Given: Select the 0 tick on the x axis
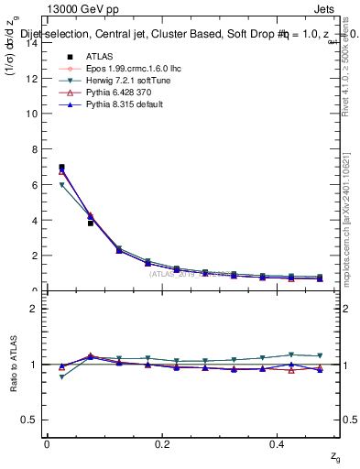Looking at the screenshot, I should pyautogui.click(x=47, y=443).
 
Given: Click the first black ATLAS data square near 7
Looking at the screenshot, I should pyautogui.click(x=61, y=167).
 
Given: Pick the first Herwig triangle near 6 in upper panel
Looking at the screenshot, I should pyautogui.click(x=61, y=185).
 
